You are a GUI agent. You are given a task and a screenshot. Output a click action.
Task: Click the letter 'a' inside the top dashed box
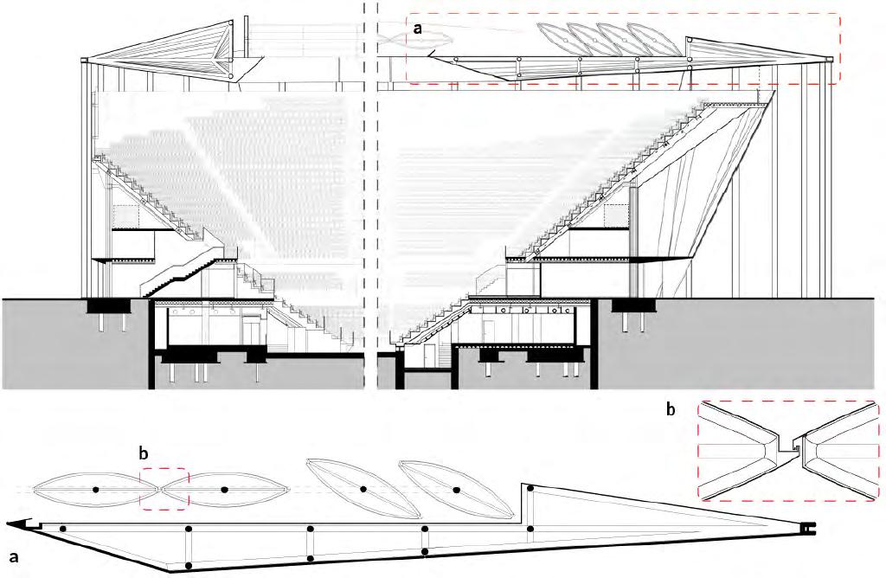[x=418, y=29]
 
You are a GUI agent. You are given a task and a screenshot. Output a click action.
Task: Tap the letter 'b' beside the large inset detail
[x=671, y=409]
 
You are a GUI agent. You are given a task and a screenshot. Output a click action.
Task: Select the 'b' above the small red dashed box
[x=145, y=453]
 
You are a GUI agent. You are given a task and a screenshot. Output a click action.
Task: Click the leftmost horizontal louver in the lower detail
[x=95, y=490]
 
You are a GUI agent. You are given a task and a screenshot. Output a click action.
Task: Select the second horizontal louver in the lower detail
[x=224, y=490]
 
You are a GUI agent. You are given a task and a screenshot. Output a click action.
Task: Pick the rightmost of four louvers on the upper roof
[x=651, y=40]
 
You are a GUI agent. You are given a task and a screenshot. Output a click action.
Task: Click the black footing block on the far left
[x=109, y=306]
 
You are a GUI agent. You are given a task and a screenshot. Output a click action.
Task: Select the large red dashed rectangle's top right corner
[x=839, y=15]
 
